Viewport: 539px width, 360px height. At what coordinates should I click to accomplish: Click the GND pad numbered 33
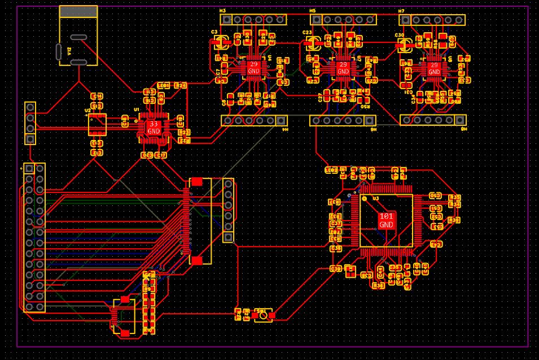coord(154,127)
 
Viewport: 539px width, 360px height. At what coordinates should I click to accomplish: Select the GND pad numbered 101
coord(387,220)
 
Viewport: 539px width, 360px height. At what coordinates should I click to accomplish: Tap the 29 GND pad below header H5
coord(343,68)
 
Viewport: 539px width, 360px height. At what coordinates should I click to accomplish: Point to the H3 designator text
coord(222,11)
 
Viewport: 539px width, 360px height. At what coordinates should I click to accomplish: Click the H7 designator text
coord(401,11)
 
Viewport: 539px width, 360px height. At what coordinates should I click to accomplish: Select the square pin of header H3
coord(226,20)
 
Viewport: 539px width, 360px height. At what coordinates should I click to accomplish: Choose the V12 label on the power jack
coord(69,50)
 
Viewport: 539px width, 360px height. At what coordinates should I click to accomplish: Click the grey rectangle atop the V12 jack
coord(78,12)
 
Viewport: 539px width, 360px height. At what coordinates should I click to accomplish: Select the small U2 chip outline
coord(97,124)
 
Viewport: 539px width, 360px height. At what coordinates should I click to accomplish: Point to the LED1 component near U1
coord(163,86)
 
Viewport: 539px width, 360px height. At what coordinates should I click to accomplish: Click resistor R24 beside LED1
coord(181,86)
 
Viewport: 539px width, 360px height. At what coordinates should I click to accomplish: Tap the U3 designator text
coord(375,199)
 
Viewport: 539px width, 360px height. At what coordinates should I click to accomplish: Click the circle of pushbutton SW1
coord(263,315)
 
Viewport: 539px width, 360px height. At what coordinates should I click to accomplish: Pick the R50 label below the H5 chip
coord(365,106)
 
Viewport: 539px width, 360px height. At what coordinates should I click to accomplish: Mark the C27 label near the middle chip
coord(321,97)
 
